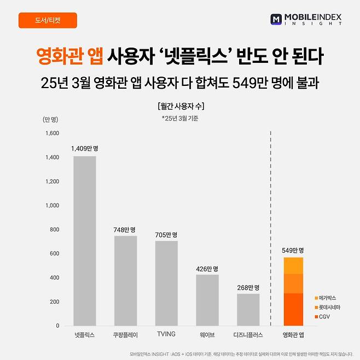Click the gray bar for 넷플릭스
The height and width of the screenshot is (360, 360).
pyautogui.click(x=84, y=241)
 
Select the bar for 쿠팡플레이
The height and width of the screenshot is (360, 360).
pyautogui.click(x=125, y=280)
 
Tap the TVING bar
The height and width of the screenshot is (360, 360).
pyautogui.click(x=166, y=283)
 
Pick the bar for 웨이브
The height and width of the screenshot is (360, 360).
pyautogui.click(x=207, y=300)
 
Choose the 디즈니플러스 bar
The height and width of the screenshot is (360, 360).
pyautogui.click(x=248, y=309)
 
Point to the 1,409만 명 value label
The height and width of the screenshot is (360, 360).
pyautogui.click(x=84, y=148)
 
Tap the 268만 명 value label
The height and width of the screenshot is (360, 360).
pyautogui.click(x=248, y=287)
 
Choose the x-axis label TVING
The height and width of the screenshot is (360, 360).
pyautogui.click(x=166, y=334)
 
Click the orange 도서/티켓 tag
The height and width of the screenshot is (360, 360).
pyautogui.click(x=48, y=20)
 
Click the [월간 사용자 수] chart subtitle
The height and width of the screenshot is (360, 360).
pyautogui.click(x=180, y=106)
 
